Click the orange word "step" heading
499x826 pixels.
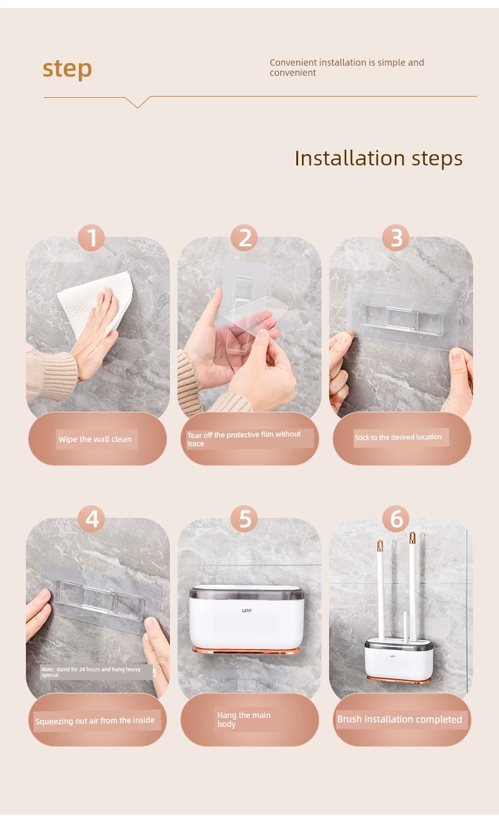[x=67, y=69]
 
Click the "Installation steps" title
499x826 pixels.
[x=378, y=159]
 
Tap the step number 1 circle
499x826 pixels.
[x=92, y=238]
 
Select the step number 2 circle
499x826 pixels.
[x=244, y=238]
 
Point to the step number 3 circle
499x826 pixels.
[x=396, y=238]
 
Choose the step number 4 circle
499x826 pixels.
[x=92, y=519]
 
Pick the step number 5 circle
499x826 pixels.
[x=244, y=519]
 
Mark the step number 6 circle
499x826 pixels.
[x=396, y=519]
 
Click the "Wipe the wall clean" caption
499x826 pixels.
[x=95, y=439]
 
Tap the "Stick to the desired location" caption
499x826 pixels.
[x=399, y=438]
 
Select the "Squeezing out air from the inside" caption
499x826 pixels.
[x=95, y=721]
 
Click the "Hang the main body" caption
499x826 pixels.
[x=244, y=719]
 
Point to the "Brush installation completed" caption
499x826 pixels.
[x=399, y=719]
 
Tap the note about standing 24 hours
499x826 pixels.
[x=91, y=672]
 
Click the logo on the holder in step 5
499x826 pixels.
[x=247, y=611]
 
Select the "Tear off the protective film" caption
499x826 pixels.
[x=244, y=439]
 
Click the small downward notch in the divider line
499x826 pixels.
[x=138, y=102]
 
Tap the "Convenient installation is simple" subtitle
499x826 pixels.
[x=347, y=68]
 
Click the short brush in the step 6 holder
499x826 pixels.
[x=405, y=626]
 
